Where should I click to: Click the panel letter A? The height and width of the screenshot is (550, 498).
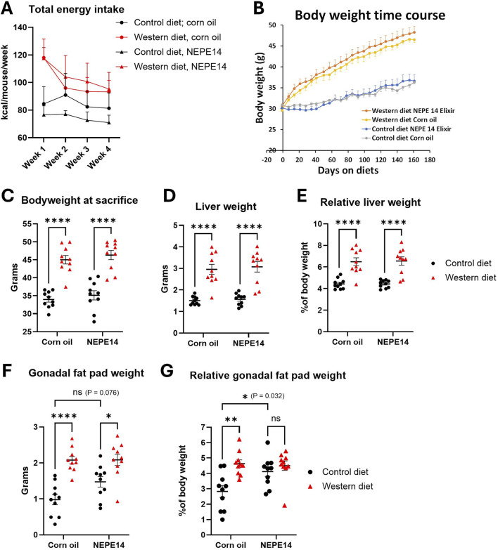click(10, 10)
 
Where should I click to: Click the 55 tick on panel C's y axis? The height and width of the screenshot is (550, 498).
click(30, 224)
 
